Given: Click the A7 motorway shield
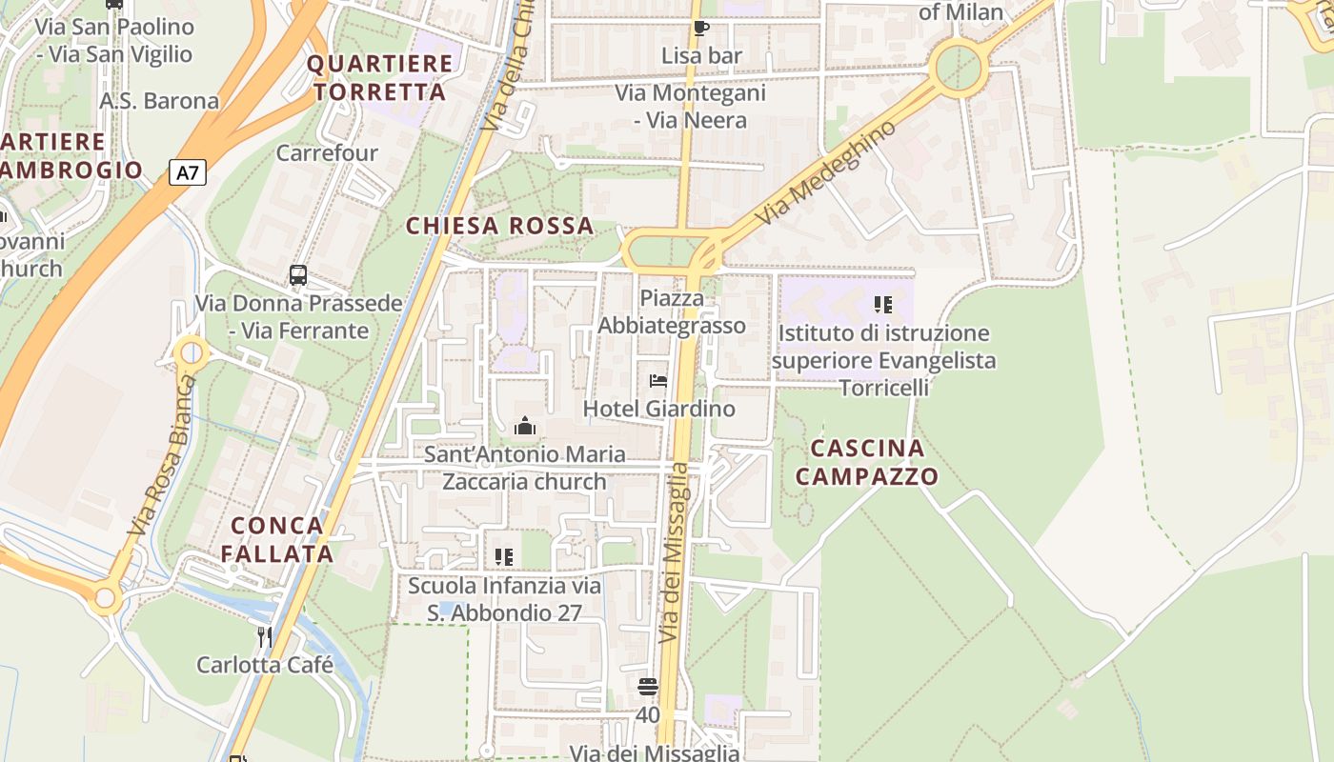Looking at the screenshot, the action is click(189, 173).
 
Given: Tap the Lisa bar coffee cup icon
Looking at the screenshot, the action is click(701, 29).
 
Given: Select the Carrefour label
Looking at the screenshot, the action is click(327, 152).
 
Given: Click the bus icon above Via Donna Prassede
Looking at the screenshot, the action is click(298, 275).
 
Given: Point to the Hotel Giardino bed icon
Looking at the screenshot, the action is click(657, 381).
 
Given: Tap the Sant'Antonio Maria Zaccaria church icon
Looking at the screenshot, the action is click(524, 426).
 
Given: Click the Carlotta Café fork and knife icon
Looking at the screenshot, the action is click(264, 635).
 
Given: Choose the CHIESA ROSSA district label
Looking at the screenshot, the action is click(499, 226).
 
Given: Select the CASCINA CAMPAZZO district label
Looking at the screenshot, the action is click(866, 462).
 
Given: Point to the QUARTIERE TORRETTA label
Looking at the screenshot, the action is click(379, 78).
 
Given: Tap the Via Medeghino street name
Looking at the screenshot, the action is click(826, 174).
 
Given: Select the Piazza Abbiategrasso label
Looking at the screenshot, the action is click(672, 311).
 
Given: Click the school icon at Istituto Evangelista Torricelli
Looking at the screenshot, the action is click(882, 305).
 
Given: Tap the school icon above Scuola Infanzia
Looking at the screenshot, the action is click(503, 556).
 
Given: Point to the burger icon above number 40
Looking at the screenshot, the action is click(648, 686).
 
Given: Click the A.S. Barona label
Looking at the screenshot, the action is click(159, 101).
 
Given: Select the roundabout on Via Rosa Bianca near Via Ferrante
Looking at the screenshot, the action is click(192, 353).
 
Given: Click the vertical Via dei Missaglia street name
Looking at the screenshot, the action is click(674, 551).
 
